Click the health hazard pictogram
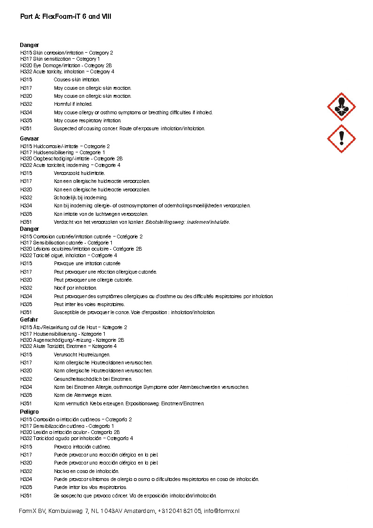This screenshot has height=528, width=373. (341, 107)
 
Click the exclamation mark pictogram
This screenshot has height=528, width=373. (341, 139)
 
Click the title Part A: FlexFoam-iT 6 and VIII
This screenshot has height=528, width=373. (66, 16)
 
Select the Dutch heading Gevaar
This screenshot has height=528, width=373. (29, 140)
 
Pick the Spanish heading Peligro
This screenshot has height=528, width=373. (29, 412)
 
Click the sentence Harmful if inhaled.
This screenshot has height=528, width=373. (73, 104)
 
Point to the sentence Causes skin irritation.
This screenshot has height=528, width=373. (77, 80)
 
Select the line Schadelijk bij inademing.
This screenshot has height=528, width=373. (80, 197)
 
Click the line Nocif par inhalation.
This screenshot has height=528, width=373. (75, 288)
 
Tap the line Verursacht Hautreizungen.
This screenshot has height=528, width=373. (82, 355)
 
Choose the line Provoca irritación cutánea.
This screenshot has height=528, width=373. (82, 447)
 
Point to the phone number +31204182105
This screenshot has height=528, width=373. (179, 511)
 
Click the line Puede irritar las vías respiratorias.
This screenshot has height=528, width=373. (90, 487)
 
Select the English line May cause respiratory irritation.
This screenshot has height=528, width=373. (87, 120)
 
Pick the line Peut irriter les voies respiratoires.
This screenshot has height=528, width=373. (88, 304)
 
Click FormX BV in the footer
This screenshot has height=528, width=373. (32, 511)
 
